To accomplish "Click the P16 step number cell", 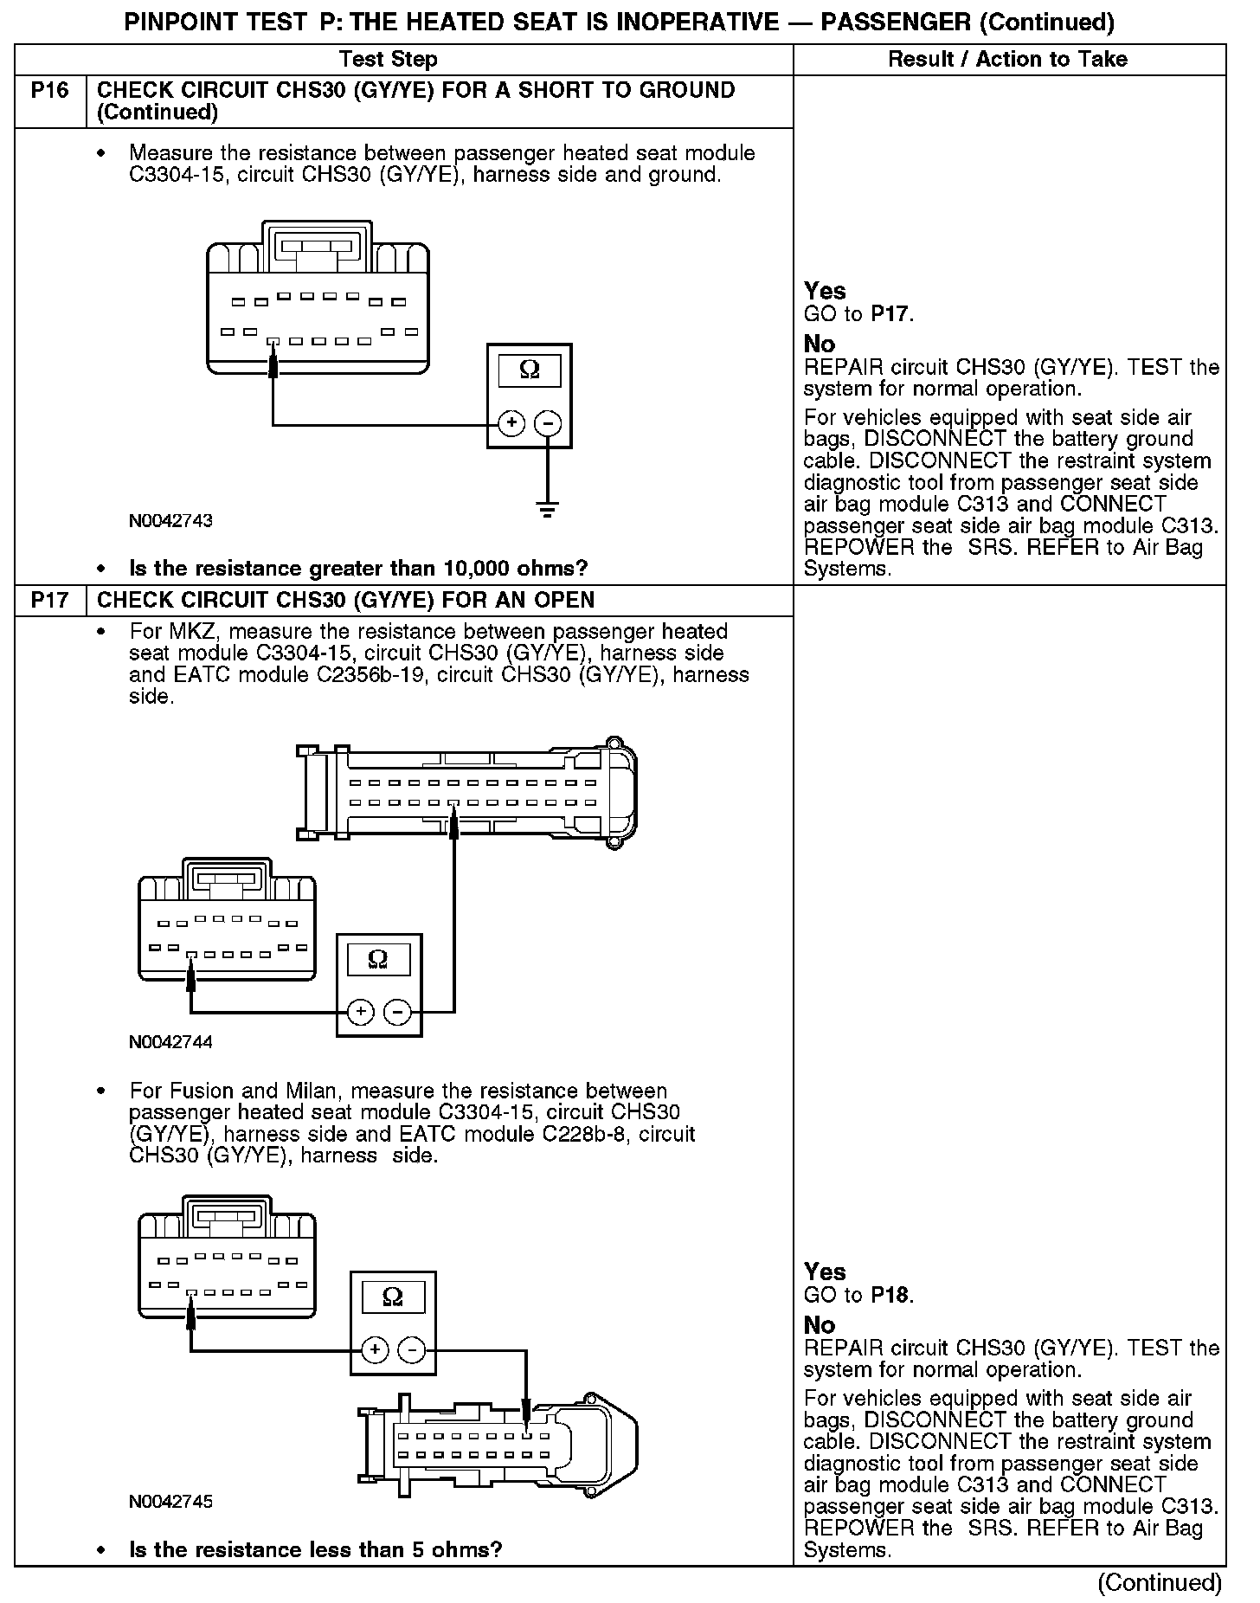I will click(x=50, y=91).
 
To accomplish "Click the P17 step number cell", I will click(x=50, y=601).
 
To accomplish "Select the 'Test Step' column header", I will click(x=389, y=60).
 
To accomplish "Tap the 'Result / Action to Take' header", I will click(x=1008, y=60).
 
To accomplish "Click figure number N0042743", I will click(x=170, y=521).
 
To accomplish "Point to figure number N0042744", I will click(x=170, y=1042).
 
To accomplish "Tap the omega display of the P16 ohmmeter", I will click(x=530, y=371).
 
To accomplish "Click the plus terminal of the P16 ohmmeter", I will click(x=511, y=423).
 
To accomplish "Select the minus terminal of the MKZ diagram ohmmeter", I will click(x=397, y=1012).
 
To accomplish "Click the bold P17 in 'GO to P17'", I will click(x=890, y=314).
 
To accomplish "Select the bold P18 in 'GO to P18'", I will click(x=890, y=1295).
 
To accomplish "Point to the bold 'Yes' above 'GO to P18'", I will click(x=825, y=1271).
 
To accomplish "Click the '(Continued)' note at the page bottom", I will click(x=1160, y=1582).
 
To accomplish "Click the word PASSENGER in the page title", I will click(x=896, y=22).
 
